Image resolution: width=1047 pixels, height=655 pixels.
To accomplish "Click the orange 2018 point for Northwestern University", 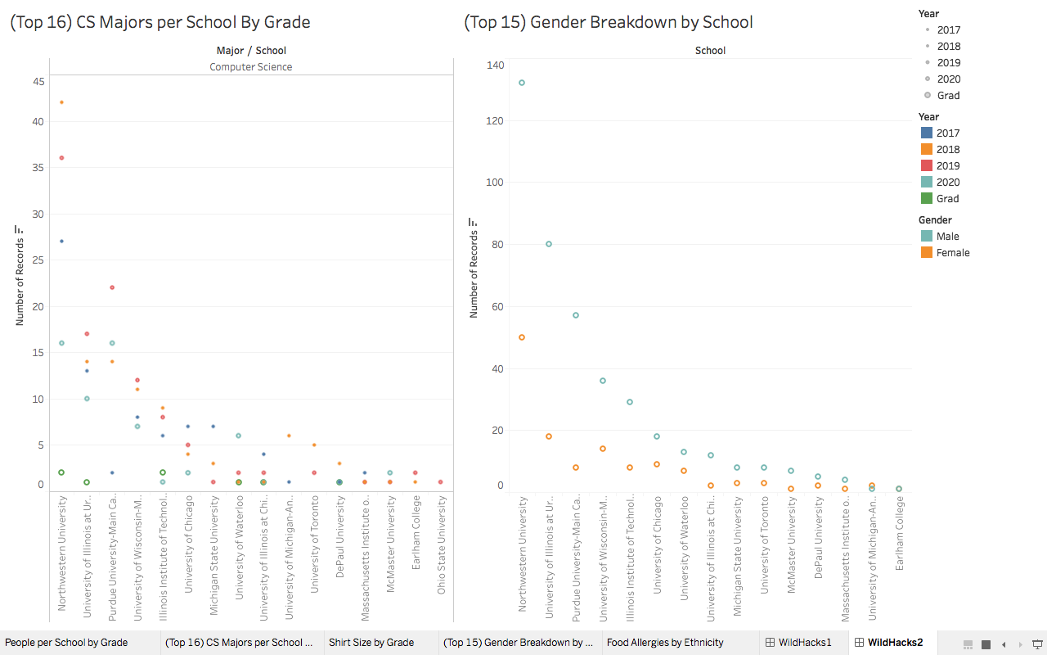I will click(61, 102).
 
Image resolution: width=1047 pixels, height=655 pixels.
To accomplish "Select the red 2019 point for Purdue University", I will click(112, 287).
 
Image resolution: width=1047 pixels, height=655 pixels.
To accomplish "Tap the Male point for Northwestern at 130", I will click(522, 83).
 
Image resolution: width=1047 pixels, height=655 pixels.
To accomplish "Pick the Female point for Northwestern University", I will click(522, 337).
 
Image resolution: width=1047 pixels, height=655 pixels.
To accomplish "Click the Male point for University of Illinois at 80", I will click(549, 244).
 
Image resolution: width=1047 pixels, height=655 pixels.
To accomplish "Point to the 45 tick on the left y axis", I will click(38, 81).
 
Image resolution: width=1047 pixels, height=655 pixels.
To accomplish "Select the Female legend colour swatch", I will click(926, 253).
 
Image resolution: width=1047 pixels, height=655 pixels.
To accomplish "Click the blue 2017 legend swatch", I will click(926, 133).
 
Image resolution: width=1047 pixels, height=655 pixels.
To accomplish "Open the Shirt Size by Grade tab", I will click(371, 643).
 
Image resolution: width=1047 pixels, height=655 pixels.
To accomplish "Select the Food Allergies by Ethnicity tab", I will click(665, 643).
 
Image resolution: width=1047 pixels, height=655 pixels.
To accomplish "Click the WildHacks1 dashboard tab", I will click(804, 643).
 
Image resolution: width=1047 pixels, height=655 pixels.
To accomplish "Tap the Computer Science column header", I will click(251, 67).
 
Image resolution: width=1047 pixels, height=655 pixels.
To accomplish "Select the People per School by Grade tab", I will click(67, 643).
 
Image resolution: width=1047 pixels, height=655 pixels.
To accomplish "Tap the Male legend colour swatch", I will click(926, 237).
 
